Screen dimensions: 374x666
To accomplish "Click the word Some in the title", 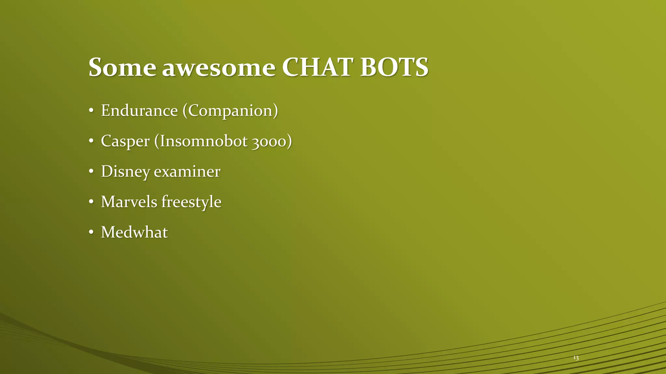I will pos(122,67).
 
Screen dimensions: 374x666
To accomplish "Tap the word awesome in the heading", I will pos(219,68).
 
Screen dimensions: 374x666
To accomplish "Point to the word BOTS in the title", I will pos(394,67).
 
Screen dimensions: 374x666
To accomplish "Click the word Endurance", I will pos(139,110).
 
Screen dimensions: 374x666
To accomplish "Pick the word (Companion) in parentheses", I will pos(230,111).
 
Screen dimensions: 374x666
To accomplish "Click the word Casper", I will pos(125,142).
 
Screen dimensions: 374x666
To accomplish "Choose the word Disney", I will pos(126,172).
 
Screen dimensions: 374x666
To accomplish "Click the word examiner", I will pos(187,171).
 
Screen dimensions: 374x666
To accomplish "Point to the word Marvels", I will pos(129,202).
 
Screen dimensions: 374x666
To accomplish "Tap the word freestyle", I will pos(192,202).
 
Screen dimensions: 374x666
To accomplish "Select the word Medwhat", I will pos(134,232).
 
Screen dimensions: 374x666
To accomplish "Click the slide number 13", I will pos(576,358).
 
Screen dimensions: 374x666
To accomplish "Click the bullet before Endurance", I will pos(91,111).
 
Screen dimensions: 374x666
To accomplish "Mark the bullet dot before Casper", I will pos(91,142).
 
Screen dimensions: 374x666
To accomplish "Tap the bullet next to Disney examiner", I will pos(91,172).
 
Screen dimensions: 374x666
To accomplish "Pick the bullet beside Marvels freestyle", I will pos(91,202).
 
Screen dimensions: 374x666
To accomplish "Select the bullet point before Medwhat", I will pos(91,232).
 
